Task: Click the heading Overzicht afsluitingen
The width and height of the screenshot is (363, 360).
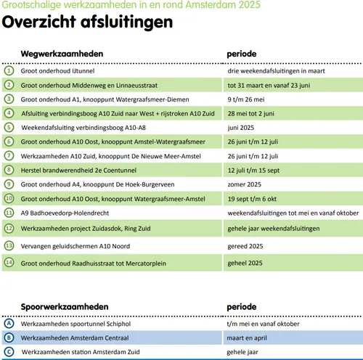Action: point(87,22)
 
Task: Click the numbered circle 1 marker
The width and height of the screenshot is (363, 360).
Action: point(9,70)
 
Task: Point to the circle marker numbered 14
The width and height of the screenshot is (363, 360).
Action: point(9,262)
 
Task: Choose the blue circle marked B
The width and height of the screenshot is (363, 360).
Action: point(9,337)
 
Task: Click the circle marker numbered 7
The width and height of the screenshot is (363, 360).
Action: point(9,156)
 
